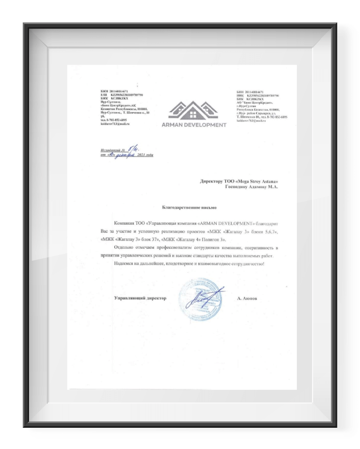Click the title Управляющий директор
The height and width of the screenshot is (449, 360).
point(140,298)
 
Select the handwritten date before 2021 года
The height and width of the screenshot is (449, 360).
point(118,155)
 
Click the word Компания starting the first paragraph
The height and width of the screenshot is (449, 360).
point(124,222)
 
